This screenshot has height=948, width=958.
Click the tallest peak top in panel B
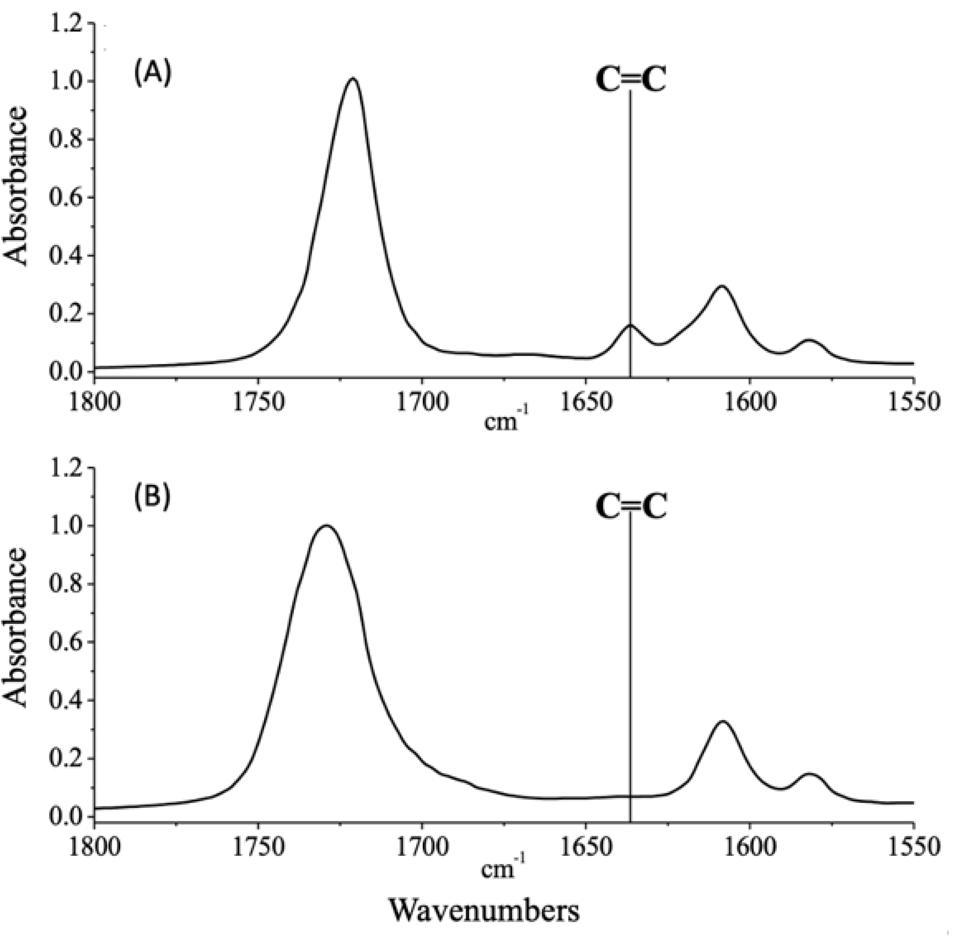326,526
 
